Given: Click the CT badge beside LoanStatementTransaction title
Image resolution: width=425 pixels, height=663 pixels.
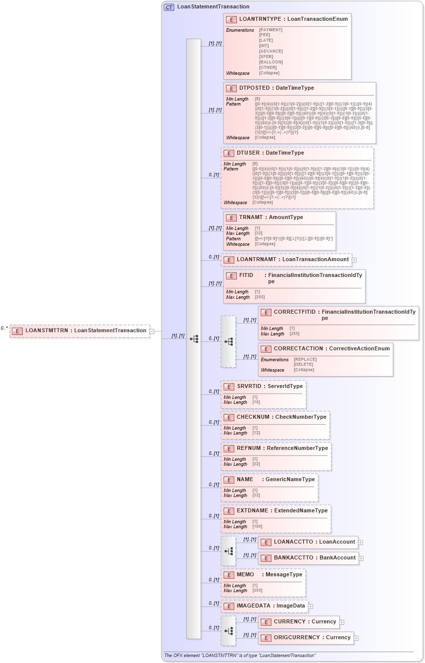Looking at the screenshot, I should click(169, 7).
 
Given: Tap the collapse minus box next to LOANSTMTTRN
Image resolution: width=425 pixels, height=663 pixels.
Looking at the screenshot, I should click(152, 331).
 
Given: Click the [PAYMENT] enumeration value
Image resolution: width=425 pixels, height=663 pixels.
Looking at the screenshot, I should click(270, 30).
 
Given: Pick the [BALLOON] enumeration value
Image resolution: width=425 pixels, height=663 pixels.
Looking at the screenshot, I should click(270, 62).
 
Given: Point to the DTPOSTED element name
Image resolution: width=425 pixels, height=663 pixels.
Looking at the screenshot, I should click(256, 88).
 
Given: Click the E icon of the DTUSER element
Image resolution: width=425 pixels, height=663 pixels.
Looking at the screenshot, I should click(229, 154).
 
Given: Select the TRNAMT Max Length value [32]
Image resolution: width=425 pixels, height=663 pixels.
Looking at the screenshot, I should click(258, 233).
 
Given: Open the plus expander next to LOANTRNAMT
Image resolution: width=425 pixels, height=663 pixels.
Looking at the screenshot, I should click(354, 260).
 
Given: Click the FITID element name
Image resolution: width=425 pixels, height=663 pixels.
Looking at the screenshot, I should click(246, 276).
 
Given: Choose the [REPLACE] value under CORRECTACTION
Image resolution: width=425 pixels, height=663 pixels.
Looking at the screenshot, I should click(305, 359).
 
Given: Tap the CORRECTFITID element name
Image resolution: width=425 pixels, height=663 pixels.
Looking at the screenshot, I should click(294, 312).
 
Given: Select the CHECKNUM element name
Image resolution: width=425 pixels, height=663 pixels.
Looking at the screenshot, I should click(253, 417).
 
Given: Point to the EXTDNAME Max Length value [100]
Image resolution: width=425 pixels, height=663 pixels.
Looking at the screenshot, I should click(257, 526).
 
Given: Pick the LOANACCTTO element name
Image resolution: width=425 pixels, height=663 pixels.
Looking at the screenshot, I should click(293, 542).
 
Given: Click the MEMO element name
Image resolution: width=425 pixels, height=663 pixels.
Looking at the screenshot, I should click(245, 574).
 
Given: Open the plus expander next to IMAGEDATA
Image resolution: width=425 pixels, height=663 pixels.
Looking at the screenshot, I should click(311, 606).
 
